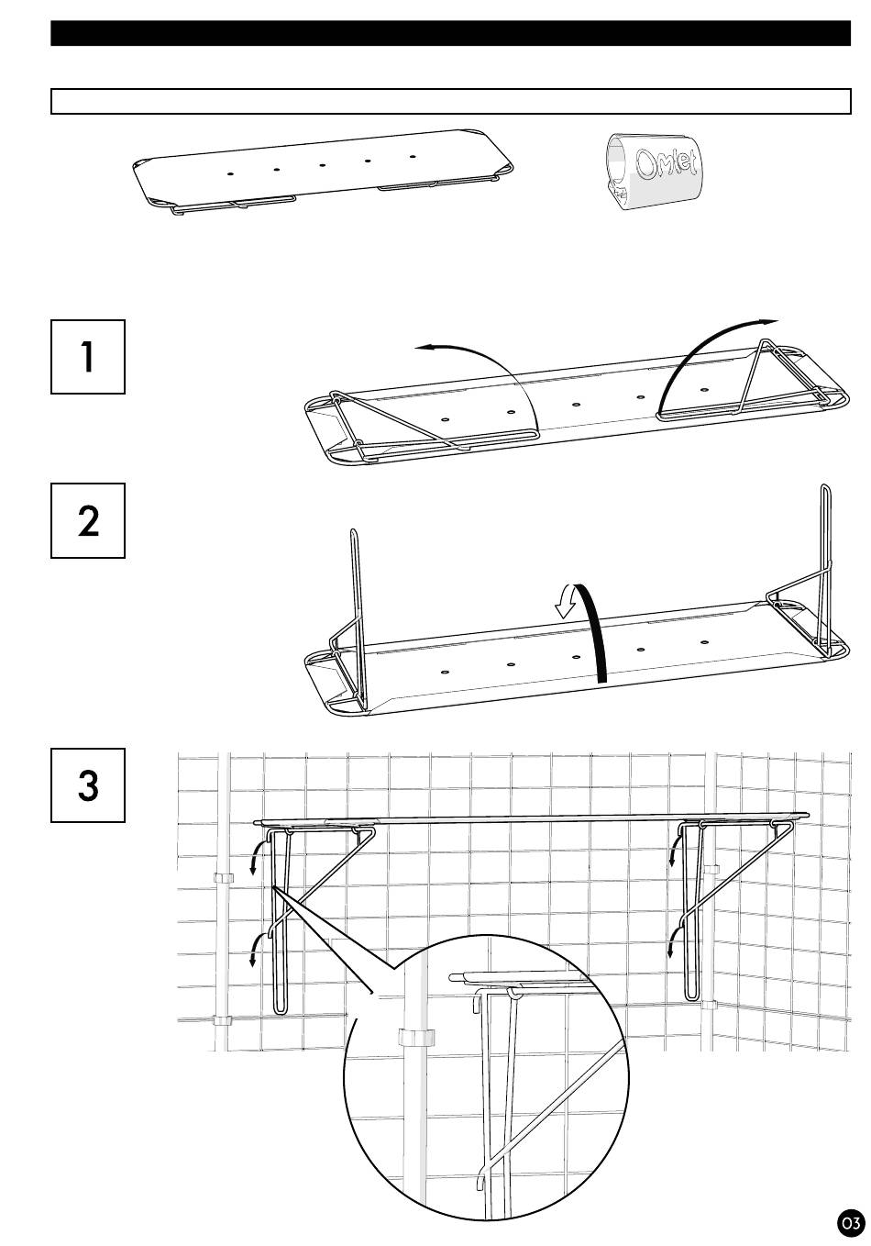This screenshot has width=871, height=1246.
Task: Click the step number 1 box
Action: (88, 357)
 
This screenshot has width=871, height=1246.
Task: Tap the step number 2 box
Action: (88, 520)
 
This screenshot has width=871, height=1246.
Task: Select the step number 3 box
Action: (88, 784)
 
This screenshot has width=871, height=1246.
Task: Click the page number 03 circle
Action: (850, 1224)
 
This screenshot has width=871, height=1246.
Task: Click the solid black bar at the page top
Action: (451, 33)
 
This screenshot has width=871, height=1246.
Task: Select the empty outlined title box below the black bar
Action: (451, 101)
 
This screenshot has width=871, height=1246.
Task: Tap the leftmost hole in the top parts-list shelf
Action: (231, 173)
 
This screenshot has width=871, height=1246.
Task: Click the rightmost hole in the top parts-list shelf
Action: (413, 156)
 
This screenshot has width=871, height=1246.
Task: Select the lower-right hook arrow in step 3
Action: (674, 941)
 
